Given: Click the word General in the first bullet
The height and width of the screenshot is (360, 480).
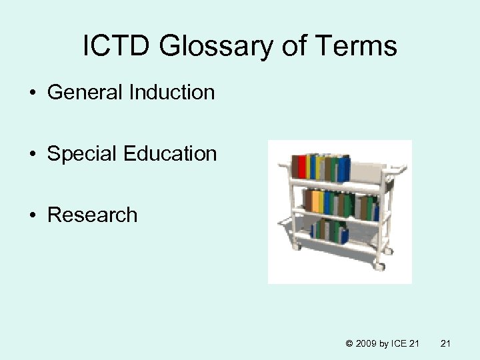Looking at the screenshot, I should tap(86, 92).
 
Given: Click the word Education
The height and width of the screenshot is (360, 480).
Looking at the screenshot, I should tap(171, 153).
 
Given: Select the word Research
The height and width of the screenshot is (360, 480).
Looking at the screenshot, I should tap(92, 215).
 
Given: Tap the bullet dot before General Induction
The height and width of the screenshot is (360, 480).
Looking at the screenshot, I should tap(33, 93).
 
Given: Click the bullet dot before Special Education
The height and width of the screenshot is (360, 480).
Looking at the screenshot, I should tap(33, 154).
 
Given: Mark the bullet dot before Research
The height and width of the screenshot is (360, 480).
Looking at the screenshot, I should tap(33, 215).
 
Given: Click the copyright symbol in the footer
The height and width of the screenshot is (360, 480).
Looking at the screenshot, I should tap(350, 344).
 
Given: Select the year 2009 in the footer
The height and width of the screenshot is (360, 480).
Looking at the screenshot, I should tap(367, 344).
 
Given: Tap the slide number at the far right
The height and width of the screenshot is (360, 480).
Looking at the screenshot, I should tap(447, 344).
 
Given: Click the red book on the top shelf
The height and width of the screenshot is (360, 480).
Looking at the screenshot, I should tap(301, 167).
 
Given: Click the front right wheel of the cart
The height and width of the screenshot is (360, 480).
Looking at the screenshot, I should tap(379, 266).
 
